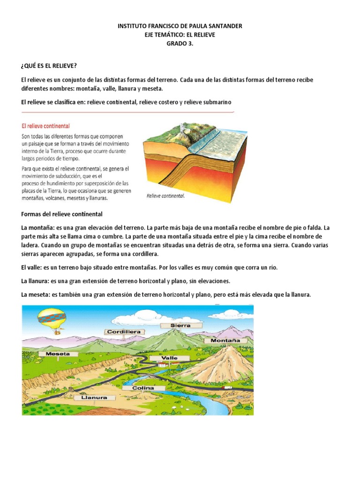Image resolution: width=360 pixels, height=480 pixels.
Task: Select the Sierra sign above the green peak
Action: point(180,324)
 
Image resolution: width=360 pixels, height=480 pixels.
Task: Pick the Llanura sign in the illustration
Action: point(94,397)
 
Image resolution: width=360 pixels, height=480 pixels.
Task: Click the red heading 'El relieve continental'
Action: point(46,126)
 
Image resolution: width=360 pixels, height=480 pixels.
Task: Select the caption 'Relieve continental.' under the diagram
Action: point(165,196)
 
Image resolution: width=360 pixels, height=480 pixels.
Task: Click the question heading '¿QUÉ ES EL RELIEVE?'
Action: point(49,65)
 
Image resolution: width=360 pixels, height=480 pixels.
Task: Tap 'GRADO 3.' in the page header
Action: point(180,43)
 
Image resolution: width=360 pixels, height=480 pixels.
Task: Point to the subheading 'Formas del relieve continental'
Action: point(62,214)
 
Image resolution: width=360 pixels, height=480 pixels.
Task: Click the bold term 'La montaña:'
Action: point(41,227)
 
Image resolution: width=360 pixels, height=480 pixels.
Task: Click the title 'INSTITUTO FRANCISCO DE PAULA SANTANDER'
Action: point(180,26)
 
